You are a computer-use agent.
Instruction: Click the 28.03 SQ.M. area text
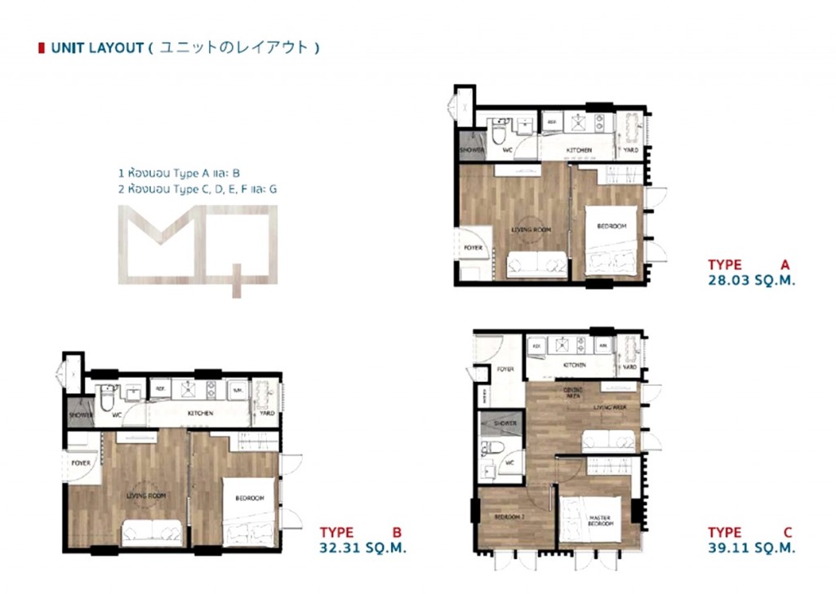751,280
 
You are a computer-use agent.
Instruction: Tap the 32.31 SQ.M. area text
362,547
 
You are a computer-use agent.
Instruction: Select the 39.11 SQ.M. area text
751,547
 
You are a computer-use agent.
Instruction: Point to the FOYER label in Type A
473,248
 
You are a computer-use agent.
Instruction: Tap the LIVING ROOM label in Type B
147,495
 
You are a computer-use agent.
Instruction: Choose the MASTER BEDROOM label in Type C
600,521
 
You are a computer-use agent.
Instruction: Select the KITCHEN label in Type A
580,150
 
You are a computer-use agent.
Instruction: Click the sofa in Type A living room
536,265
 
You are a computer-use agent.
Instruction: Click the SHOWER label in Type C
505,423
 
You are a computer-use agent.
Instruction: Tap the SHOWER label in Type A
472,150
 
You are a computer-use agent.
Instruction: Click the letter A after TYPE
785,264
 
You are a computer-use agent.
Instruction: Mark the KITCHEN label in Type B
200,414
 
